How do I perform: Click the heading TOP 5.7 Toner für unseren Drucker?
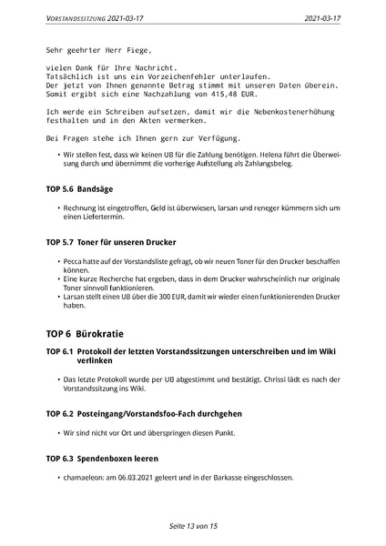tap(110, 243)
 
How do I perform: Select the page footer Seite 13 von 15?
tap(193, 526)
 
